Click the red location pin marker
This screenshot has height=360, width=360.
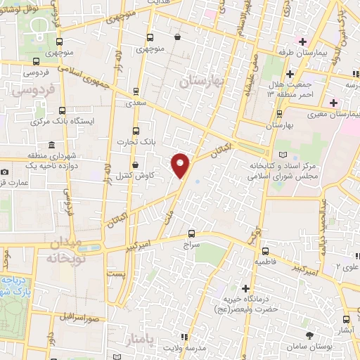(x=181, y=165)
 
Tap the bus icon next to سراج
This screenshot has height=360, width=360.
(x=192, y=234)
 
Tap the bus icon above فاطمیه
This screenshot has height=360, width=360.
(x=266, y=250)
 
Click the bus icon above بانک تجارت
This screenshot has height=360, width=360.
(x=136, y=130)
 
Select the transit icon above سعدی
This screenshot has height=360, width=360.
(x=136, y=89)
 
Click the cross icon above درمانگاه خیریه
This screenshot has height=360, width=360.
(x=245, y=288)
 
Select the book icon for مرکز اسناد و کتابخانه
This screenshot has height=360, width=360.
(x=283, y=154)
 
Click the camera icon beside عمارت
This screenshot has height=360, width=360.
(x=5, y=172)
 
